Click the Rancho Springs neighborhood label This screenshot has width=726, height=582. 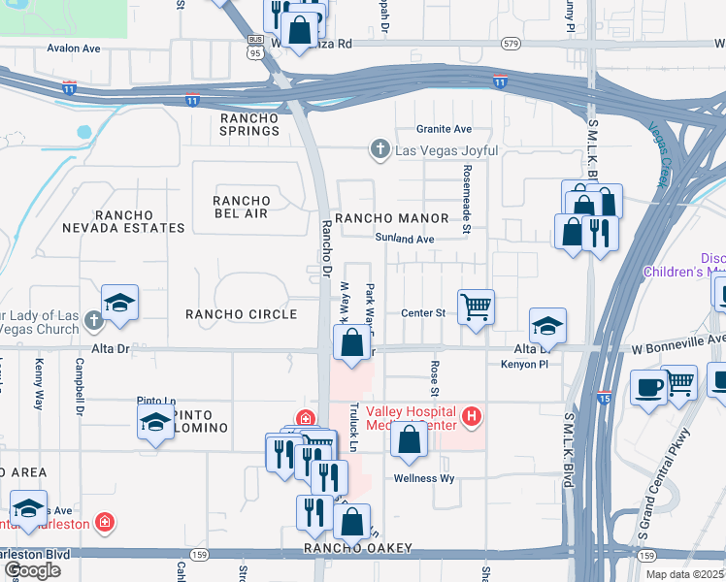(x=249, y=124)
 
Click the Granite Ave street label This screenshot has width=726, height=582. (x=444, y=129)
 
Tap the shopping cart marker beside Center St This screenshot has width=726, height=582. (x=476, y=307)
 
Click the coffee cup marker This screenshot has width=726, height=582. (x=648, y=386)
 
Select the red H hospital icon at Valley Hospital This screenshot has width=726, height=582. (x=472, y=418)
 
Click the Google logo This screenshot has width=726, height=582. (x=32, y=570)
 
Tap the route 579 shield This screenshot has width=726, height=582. (x=511, y=45)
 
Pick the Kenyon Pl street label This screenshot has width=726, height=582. (x=525, y=365)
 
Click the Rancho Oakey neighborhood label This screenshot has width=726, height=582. (x=357, y=549)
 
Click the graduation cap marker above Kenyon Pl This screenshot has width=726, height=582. (x=547, y=327)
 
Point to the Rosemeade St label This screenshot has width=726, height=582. (x=466, y=212)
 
